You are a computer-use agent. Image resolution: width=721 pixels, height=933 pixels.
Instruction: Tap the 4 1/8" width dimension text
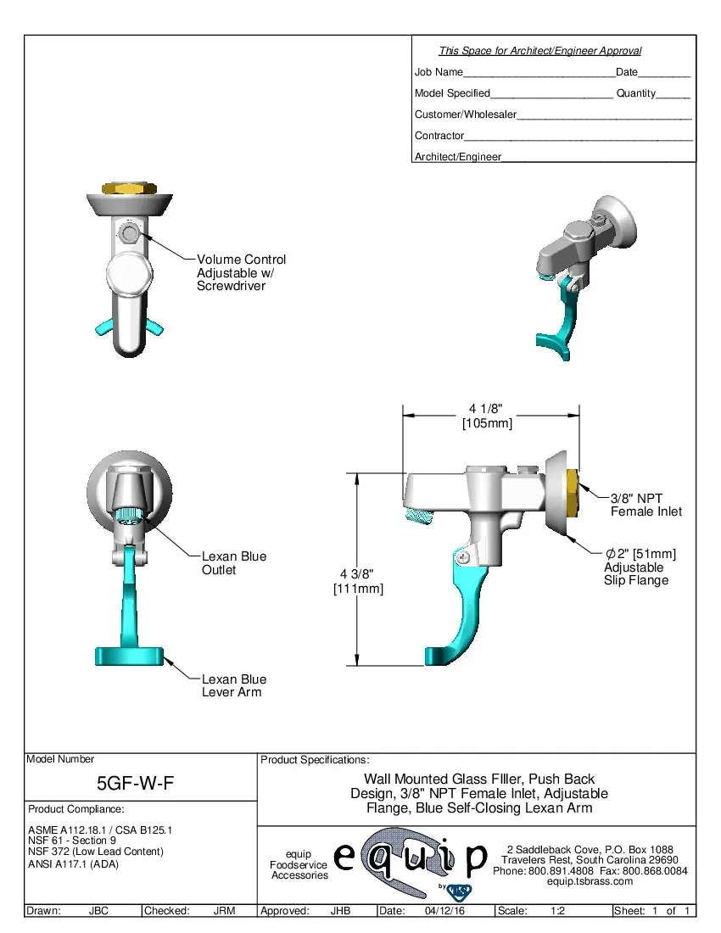(x=487, y=416)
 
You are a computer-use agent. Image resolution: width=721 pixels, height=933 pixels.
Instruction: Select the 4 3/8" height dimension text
(x=358, y=581)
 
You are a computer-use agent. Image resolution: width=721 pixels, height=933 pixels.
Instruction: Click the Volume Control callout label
(x=241, y=272)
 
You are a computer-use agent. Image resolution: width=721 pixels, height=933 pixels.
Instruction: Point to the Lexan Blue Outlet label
(x=233, y=563)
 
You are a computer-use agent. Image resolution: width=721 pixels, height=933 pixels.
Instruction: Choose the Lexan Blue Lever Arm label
(x=233, y=685)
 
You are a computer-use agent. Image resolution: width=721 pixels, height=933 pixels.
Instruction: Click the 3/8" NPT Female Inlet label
(x=646, y=505)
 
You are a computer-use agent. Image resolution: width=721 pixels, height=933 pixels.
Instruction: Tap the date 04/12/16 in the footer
(x=444, y=911)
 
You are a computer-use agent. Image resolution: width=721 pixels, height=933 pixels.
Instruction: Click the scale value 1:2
(x=558, y=911)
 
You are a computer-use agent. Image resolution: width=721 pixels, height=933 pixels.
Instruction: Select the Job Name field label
(x=439, y=72)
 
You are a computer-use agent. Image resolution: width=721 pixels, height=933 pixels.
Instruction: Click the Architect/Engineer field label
(x=457, y=156)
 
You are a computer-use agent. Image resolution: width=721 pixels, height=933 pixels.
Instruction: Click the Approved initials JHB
(x=340, y=911)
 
